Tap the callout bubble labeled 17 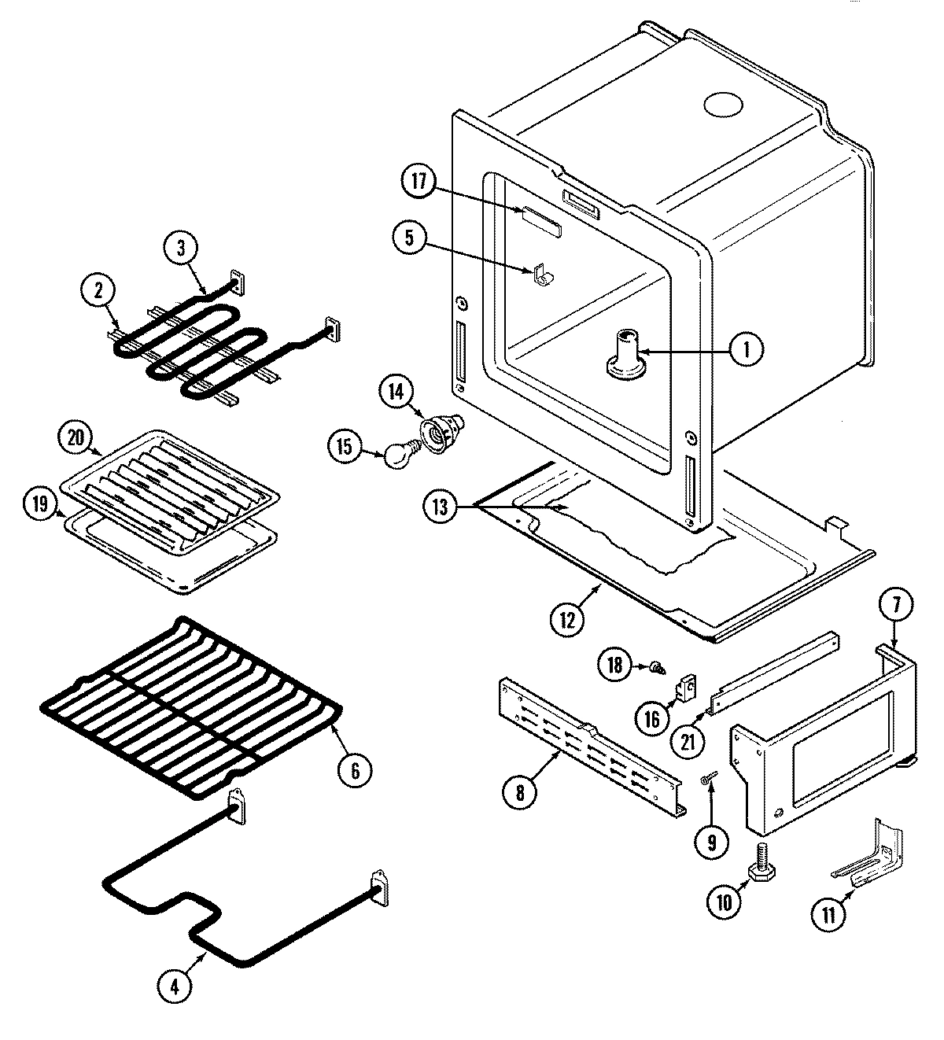tap(418, 182)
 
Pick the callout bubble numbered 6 tap(355, 770)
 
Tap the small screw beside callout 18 tap(655, 669)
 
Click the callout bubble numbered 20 tap(79, 438)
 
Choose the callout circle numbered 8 tap(520, 792)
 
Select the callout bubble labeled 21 tap(688, 739)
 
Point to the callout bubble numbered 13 tap(440, 507)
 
